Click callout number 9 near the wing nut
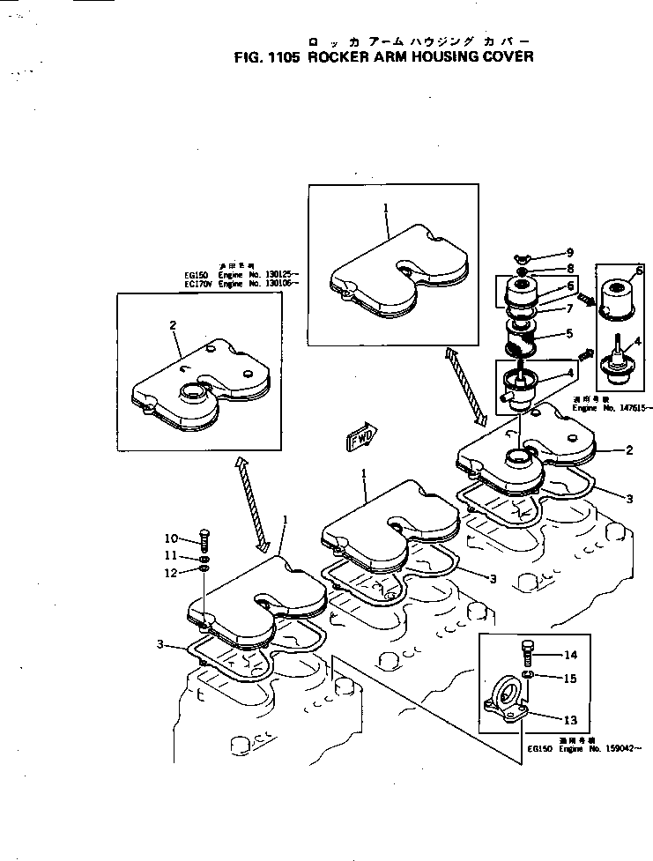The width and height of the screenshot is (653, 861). pyautogui.click(x=569, y=253)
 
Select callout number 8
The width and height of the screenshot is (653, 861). pyautogui.click(x=569, y=268)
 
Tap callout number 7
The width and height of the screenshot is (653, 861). pyautogui.click(x=568, y=308)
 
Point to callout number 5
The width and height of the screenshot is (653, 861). pyautogui.click(x=568, y=333)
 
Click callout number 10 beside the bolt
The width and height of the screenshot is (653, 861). pyautogui.click(x=171, y=538)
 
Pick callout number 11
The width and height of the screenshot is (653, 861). pyautogui.click(x=171, y=556)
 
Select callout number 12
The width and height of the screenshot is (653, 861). pyautogui.click(x=171, y=573)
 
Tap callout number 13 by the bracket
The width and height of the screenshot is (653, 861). pyautogui.click(x=570, y=719)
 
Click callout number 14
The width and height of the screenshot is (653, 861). pyautogui.click(x=570, y=655)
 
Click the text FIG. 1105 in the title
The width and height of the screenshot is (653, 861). pyautogui.click(x=267, y=58)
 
